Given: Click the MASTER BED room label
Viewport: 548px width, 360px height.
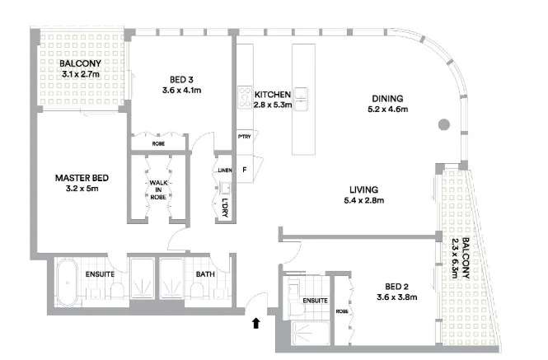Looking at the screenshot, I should point(82,177).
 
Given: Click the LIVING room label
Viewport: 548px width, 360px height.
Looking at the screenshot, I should point(363,189).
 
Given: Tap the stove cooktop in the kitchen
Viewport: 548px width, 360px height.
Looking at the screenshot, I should point(245,98).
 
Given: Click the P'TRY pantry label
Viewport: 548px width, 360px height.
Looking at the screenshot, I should point(244,137).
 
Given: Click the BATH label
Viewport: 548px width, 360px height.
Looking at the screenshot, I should point(205,275).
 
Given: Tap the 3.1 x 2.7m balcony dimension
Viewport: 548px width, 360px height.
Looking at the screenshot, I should point(81,74).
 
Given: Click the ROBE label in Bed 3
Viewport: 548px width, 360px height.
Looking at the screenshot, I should point(157,144).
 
